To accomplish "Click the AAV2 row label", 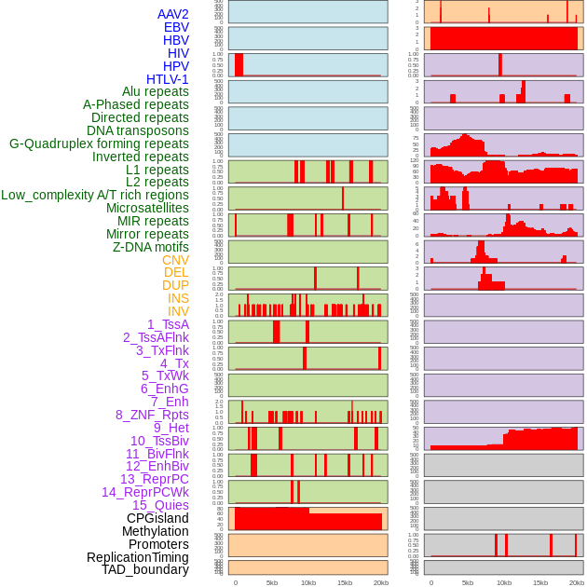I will click(173, 14).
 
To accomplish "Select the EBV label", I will click(176, 27).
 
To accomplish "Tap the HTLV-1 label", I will click(168, 79).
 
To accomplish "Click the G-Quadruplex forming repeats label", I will click(99, 143).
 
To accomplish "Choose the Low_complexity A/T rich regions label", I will click(95, 195).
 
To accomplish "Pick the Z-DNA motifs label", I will click(151, 247).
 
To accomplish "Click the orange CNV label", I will click(175, 260).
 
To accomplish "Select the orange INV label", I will click(178, 311).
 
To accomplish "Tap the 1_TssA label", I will click(168, 324).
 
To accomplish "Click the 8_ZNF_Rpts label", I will click(152, 415).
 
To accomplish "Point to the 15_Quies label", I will click(160, 505).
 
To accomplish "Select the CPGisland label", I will click(157, 518).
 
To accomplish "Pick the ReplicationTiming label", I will click(138, 557).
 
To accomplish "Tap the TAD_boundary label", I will click(145, 569).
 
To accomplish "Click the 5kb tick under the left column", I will click(272, 582).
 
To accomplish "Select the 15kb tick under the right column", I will click(540, 582).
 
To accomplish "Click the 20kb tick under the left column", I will click(381, 582).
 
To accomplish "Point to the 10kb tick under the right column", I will click(504, 582).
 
